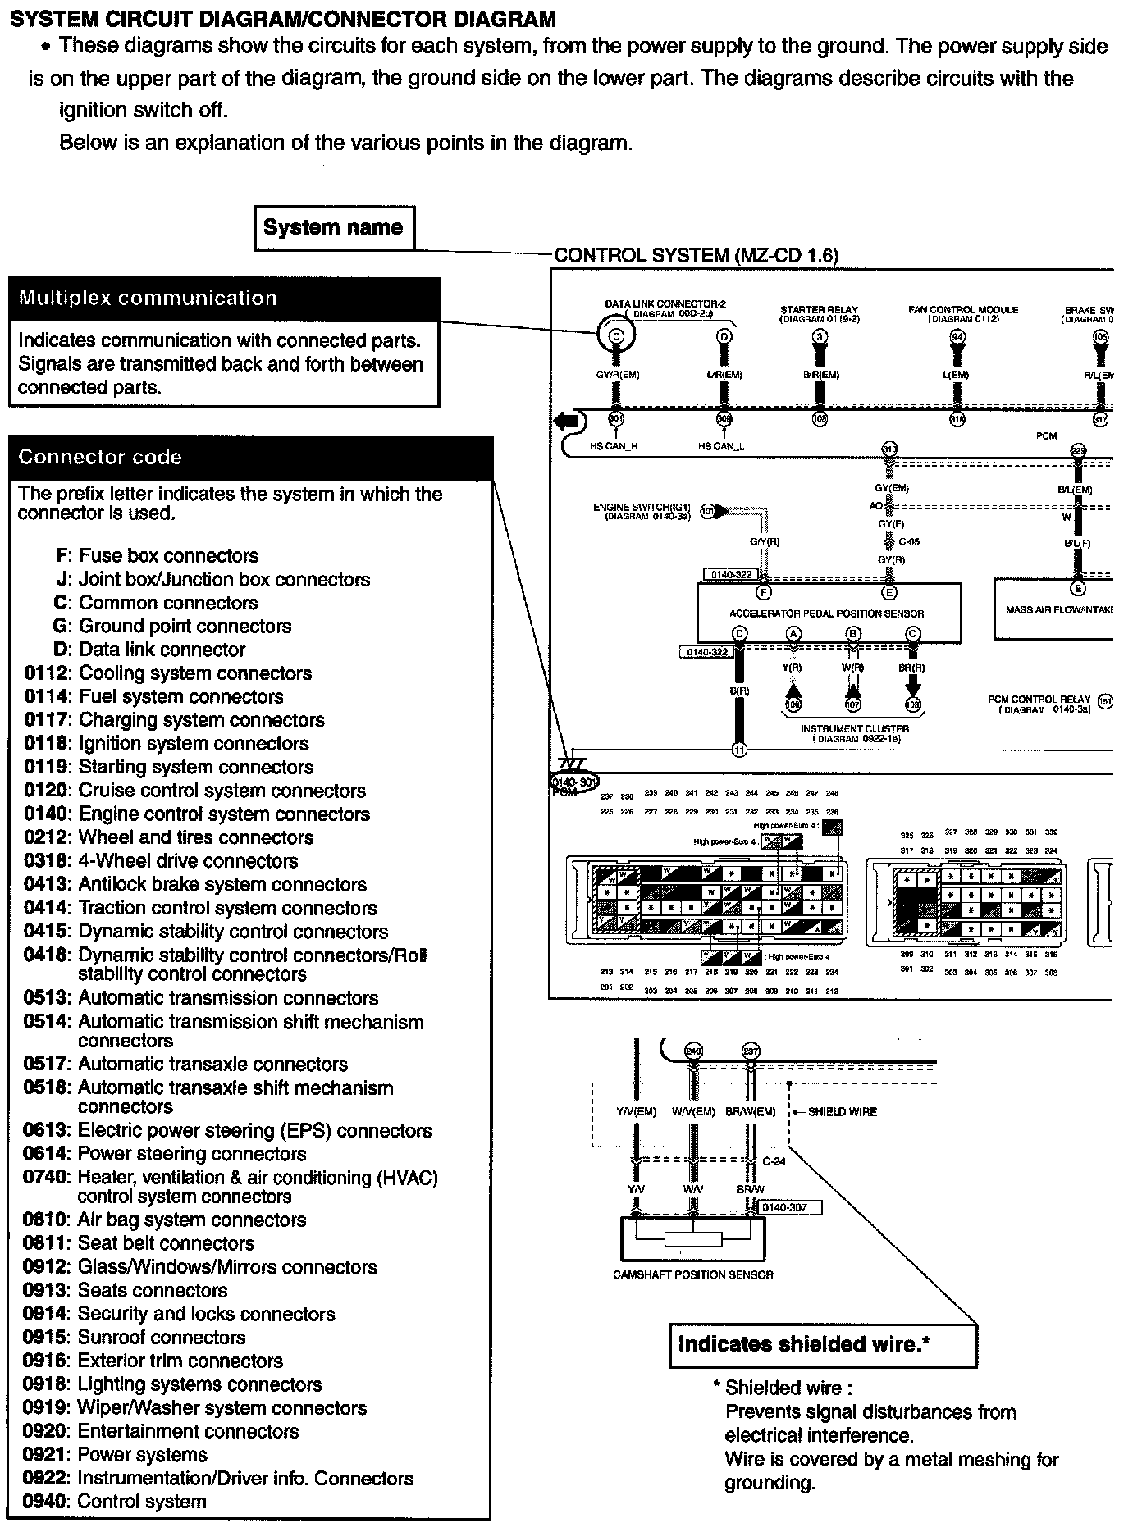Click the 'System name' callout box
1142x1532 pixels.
[333, 228]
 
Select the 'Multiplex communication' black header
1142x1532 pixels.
[148, 298]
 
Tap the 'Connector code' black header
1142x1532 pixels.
[100, 457]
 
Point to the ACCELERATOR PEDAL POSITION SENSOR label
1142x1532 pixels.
[826, 613]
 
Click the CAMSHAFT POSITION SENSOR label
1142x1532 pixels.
[693, 1274]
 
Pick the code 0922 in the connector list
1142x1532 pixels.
[47, 1478]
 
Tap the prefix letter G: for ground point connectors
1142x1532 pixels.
[62, 627]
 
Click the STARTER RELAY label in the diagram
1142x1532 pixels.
[819, 310]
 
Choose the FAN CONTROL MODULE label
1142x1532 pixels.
[963, 310]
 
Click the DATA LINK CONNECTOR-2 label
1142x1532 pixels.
[665, 304]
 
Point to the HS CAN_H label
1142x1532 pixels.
[614, 446]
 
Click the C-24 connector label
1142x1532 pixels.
[774, 1161]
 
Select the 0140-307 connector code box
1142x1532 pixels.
[789, 1207]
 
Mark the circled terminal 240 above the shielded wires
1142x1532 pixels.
[693, 1052]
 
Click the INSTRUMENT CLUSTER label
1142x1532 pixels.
[855, 728]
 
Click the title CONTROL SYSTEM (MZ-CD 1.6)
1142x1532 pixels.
[697, 255]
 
